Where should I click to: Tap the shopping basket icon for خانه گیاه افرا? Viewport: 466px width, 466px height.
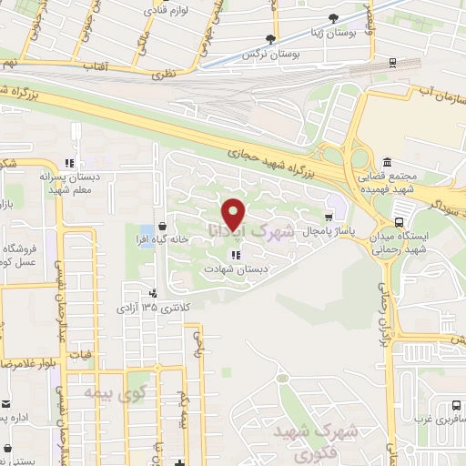point(162,225)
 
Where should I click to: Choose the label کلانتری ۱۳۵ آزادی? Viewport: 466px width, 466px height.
point(147,308)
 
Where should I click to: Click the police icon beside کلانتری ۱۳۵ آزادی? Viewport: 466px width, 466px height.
point(154,293)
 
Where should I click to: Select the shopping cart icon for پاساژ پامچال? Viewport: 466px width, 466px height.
point(328,216)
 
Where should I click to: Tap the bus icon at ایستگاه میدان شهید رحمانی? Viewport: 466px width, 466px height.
point(399,222)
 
